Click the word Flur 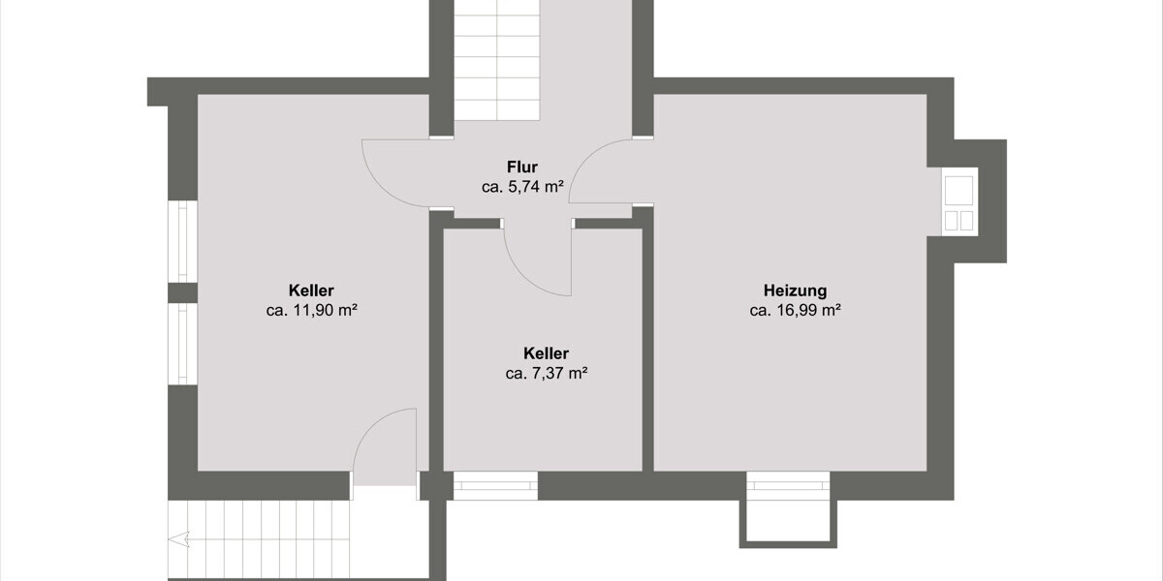point(521,167)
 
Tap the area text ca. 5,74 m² point(522,188)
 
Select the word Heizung point(795,290)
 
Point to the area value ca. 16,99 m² point(795,311)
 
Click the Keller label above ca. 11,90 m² point(311,290)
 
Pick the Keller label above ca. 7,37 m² point(546,353)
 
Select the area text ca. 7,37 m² point(546,374)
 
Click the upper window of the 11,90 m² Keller point(182,242)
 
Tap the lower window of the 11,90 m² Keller point(182,344)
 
